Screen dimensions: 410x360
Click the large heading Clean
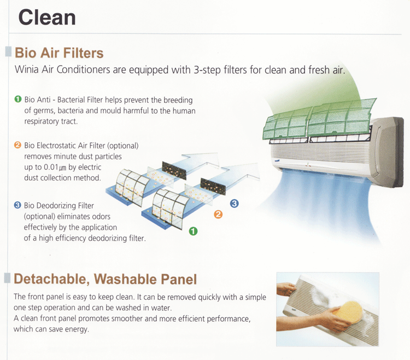(x=47, y=18)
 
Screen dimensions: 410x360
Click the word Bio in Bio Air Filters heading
(x=25, y=53)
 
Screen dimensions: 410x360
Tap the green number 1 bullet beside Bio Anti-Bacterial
(x=18, y=99)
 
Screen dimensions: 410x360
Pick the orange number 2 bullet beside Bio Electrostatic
(x=17, y=145)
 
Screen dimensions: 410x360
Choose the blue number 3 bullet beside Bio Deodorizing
(x=17, y=205)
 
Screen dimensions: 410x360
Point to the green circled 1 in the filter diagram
(x=193, y=231)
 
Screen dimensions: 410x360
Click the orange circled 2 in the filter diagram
(x=218, y=214)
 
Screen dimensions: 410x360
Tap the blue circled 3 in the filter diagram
(x=235, y=204)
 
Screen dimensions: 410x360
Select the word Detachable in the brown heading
(x=50, y=279)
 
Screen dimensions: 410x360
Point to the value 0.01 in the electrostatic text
(x=51, y=167)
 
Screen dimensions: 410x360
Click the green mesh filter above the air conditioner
(x=319, y=119)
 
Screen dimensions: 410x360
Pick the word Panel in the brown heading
(x=179, y=279)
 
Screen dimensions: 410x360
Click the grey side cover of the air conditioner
(x=386, y=152)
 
